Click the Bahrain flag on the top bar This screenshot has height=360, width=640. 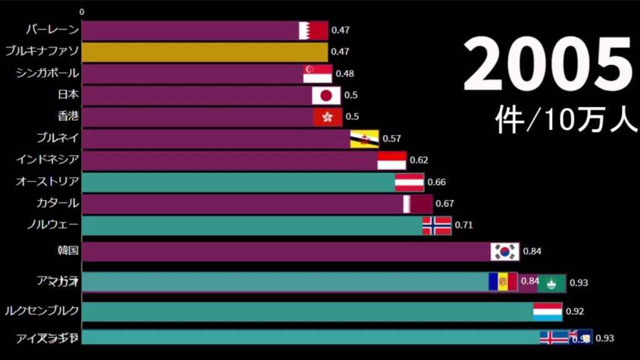pos(313,31)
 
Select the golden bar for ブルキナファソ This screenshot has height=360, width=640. pos(204,52)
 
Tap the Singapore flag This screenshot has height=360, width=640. pos(317,74)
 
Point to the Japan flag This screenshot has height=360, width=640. pos(326,96)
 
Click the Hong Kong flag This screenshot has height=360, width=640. pos(327,117)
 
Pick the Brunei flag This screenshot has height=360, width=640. pos(364,139)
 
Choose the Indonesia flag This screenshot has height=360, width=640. pos(392,161)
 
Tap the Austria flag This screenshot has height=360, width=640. pos(409,182)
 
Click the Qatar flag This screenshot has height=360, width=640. pos(417,204)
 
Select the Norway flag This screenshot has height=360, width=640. pos(437,226)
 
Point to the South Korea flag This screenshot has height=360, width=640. pos(505,251)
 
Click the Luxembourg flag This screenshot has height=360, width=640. pos(547,311)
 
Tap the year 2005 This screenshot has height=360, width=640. pos(547,64)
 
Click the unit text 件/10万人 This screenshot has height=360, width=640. pos(566,118)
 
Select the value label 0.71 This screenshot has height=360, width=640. pos(463,226)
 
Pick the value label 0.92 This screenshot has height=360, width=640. pos(574,311)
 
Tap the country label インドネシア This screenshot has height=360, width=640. pos(47,160)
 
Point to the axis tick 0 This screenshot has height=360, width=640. pos(82,12)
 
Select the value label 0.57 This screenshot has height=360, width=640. pos(391,139)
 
